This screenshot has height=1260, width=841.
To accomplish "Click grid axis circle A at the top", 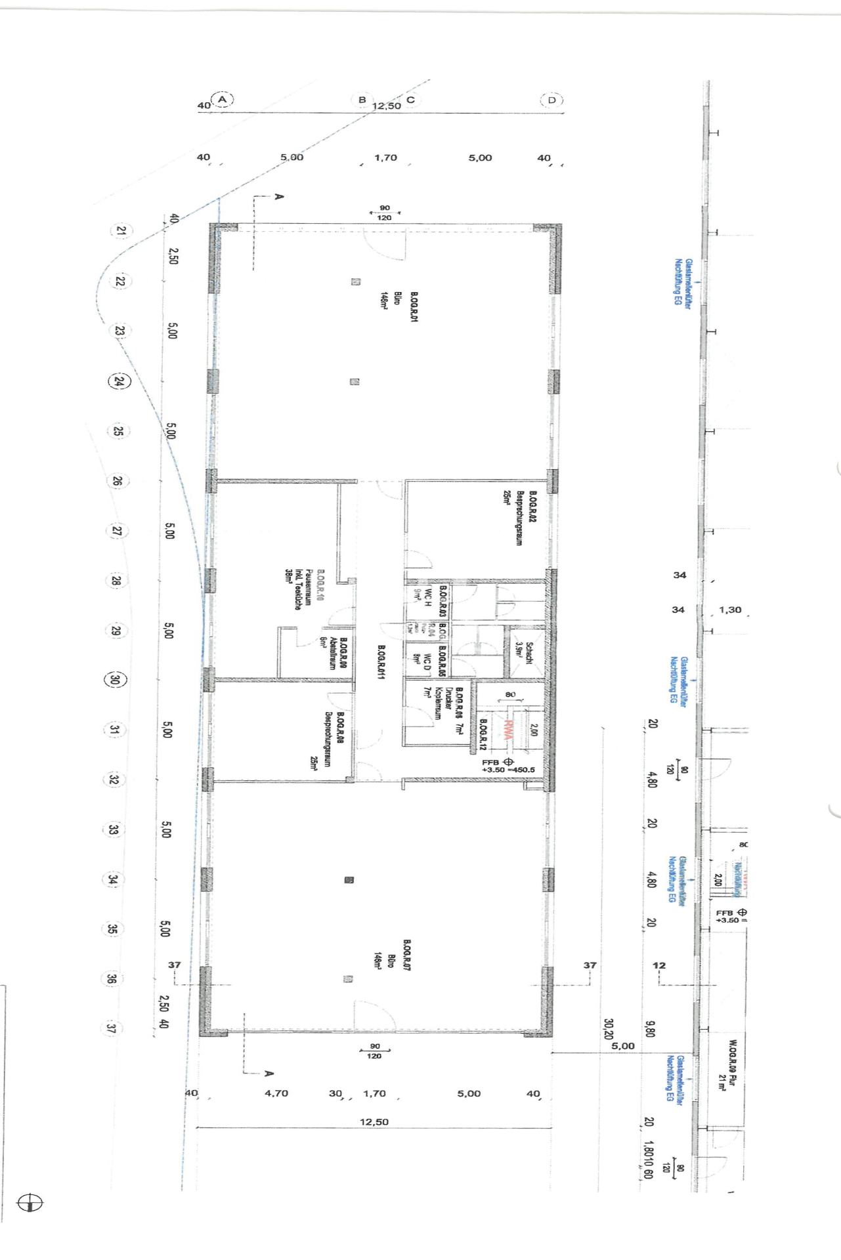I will (x=223, y=100).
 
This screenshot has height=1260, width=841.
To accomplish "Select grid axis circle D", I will (x=552, y=100).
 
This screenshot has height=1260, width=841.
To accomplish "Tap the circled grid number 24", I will (x=119, y=381).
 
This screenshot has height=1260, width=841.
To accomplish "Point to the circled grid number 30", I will (x=116, y=680).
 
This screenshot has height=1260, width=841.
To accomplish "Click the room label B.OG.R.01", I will (x=414, y=307).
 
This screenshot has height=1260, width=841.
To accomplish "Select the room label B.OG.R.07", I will (x=407, y=955).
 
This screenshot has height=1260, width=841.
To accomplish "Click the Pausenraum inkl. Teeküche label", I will (x=297, y=589).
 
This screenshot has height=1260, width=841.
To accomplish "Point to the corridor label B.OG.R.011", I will (x=381, y=662).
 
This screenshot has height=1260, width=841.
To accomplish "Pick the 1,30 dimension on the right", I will (x=730, y=610).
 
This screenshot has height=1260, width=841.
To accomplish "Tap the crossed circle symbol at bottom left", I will (x=30, y=1203).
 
